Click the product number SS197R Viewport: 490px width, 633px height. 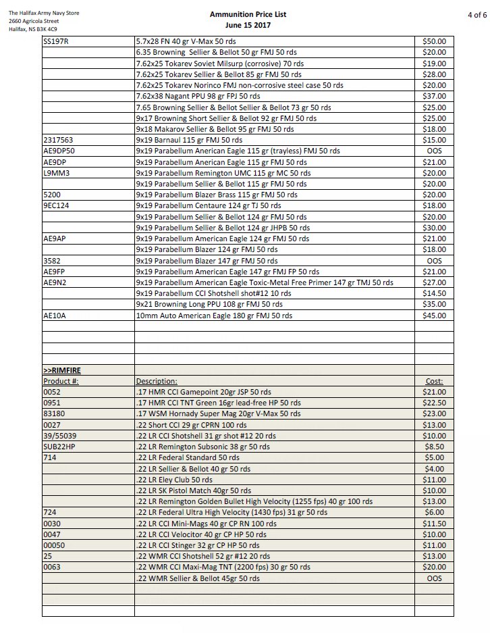[57, 41]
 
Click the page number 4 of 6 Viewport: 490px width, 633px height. [477, 14]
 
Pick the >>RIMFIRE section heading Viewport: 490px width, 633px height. [61, 370]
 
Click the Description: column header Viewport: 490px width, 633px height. [157, 381]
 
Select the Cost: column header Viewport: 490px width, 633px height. [433, 381]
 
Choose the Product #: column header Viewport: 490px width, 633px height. [61, 381]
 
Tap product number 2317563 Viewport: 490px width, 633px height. [58, 140]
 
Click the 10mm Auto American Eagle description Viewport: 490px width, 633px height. [214, 315]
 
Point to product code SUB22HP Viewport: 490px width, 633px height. [59, 447]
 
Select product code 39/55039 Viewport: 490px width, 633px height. [59, 436]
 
